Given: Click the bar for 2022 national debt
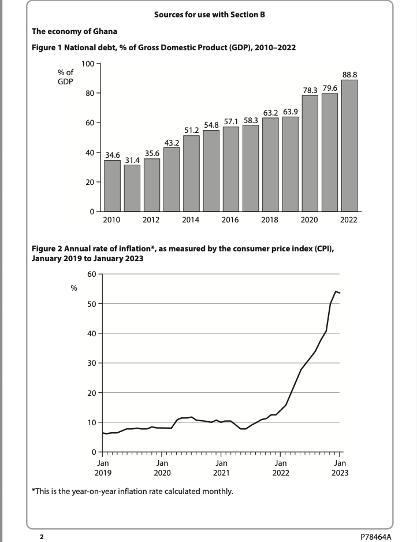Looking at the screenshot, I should tap(349, 146).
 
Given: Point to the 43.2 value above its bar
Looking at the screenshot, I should tap(172, 142).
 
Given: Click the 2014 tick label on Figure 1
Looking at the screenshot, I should tap(191, 220).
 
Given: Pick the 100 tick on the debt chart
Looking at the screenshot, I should tap(88, 63).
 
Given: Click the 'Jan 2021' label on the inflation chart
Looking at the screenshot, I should tap(221, 467).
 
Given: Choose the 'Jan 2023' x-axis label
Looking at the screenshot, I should tap(340, 467).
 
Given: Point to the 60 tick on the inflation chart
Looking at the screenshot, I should tap(91, 274).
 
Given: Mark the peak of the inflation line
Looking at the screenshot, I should tap(336, 291).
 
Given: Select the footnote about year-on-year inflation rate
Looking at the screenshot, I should tap(132, 492).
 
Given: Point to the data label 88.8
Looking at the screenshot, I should tap(349, 75).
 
